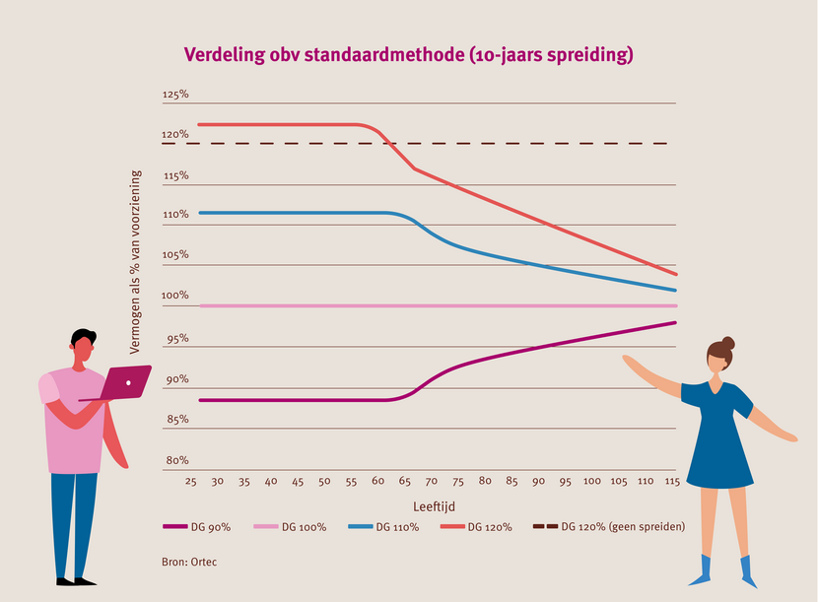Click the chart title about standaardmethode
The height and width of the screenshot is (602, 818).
click(408, 55)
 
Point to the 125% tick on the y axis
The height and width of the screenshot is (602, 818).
click(175, 95)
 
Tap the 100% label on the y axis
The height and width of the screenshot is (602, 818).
click(175, 296)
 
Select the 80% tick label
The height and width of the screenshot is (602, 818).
click(176, 460)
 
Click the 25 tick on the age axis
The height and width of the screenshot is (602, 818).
click(191, 482)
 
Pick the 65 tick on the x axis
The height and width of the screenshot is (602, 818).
click(405, 482)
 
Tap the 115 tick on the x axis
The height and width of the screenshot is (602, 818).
click(672, 482)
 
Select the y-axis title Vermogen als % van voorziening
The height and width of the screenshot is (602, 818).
click(136, 262)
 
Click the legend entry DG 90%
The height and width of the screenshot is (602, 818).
click(196, 527)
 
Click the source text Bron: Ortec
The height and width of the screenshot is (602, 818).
click(188, 562)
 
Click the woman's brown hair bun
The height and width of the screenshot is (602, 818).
click(727, 343)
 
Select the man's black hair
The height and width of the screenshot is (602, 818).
click(84, 337)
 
